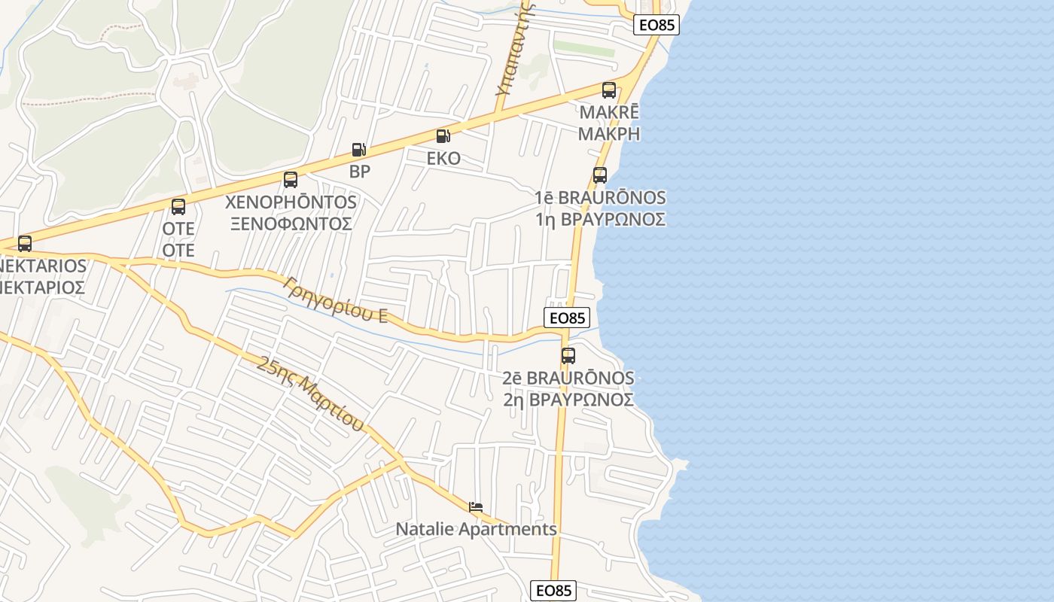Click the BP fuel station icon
pos(359,150)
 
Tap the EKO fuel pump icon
pos(443,136)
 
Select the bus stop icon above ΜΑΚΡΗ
pos(609,90)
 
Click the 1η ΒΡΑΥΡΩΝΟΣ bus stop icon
pos(600,175)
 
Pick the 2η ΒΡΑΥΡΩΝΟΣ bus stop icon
pos(568,356)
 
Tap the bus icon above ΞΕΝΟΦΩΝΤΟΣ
pos(291,180)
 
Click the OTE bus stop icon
pos(178,207)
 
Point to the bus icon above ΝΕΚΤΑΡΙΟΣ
pos(25,244)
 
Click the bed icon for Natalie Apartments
pos(475,508)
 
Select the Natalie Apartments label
pos(477,529)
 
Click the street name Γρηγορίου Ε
pos(336,299)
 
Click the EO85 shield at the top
pos(656,25)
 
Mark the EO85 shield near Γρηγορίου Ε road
pos(566,318)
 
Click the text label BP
pos(360,171)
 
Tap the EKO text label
pos(443,159)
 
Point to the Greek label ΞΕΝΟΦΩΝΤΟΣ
pos(291,223)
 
